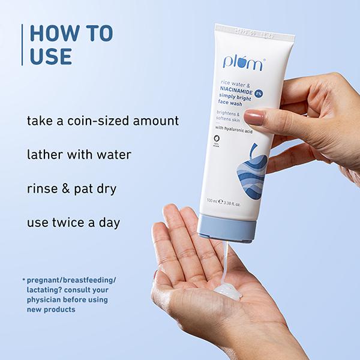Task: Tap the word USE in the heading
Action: click(x=50, y=56)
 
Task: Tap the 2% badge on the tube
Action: click(x=259, y=94)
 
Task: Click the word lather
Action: click(x=44, y=154)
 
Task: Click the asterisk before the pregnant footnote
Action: click(x=23, y=280)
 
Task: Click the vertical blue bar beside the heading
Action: click(x=22, y=44)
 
